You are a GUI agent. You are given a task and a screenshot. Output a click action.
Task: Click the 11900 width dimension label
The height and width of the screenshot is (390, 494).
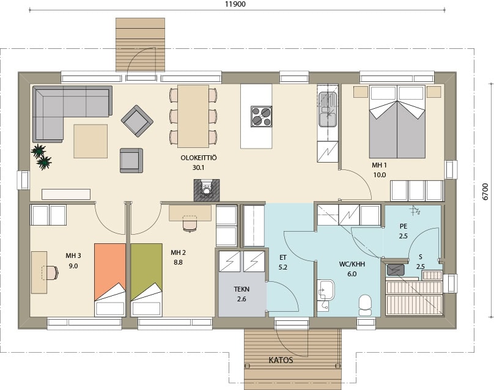point(235,4)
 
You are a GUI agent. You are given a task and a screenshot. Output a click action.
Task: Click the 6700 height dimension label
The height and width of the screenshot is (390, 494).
point(485,191)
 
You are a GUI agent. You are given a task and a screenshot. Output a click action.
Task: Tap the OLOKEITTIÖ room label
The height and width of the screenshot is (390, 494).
point(199,158)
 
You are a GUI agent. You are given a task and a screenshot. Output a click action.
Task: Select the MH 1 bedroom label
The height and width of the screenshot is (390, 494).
point(379,165)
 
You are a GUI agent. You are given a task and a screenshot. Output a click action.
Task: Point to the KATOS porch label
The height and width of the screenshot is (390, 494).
point(281,360)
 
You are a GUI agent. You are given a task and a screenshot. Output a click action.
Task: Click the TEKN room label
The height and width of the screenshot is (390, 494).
point(241,289)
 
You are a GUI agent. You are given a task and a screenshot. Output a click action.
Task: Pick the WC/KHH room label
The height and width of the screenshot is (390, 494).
point(352,264)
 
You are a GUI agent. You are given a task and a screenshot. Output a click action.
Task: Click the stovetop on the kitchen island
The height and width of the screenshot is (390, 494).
point(262,117)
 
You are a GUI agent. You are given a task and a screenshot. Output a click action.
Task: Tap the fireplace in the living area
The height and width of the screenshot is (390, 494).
point(207,190)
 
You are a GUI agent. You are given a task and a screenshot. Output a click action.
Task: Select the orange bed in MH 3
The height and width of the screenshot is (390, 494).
point(110,280)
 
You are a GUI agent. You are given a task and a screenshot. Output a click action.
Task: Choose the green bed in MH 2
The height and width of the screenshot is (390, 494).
point(147,280)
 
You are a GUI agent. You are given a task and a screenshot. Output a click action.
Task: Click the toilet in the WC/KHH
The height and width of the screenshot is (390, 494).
point(366,304)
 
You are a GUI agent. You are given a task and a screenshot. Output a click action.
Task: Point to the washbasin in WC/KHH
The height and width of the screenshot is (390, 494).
point(326,290)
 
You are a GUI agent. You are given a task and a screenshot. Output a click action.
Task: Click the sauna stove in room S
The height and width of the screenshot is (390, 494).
point(396,270)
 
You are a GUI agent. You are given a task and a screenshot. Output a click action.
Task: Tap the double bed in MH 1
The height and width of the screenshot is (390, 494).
point(397,122)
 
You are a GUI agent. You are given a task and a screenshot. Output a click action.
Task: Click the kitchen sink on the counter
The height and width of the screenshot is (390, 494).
point(328,109)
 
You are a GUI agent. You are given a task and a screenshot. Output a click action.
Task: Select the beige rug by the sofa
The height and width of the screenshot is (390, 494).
point(90,141)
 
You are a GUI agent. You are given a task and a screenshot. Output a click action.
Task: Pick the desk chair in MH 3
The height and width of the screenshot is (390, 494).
point(50,273)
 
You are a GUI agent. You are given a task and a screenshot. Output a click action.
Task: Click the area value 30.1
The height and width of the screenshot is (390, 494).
point(199,168)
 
